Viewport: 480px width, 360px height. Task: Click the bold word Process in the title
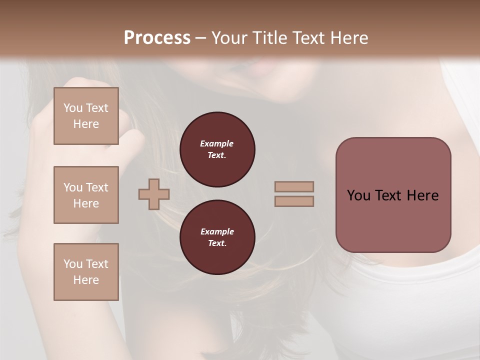click(157, 38)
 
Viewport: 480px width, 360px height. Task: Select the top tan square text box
click(86, 116)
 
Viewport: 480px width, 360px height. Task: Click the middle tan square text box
click(86, 195)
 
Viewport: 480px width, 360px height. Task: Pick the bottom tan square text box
click(86, 272)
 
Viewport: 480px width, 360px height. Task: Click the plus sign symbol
click(154, 194)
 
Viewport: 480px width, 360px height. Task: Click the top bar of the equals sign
click(294, 186)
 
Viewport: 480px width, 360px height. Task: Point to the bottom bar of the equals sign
click(294, 201)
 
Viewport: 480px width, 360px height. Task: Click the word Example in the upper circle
click(217, 143)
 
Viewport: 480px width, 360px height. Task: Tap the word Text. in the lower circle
click(217, 243)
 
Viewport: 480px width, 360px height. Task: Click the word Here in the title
click(349, 38)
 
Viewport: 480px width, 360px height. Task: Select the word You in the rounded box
click(358, 195)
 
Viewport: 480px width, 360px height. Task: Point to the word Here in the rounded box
click(422, 195)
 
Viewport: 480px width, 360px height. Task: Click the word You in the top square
click(73, 108)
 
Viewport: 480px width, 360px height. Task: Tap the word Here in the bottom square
click(86, 280)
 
